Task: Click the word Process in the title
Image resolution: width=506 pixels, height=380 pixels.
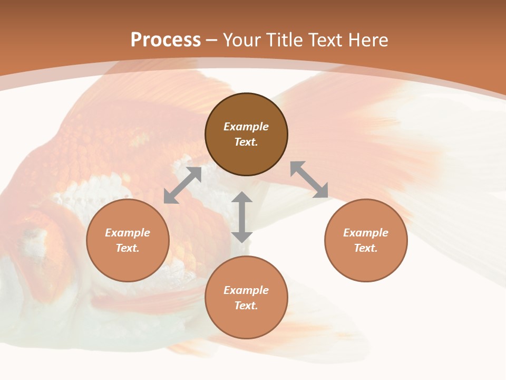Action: pos(166,40)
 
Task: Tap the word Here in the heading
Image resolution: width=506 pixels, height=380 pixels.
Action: pos(367,40)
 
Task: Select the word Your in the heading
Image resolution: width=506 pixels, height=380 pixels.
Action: pos(240,40)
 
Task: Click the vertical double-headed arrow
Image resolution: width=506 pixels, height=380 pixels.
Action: pos(242,217)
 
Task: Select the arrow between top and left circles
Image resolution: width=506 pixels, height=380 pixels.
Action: pos(182,185)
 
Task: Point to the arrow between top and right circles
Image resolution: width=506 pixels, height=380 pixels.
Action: pos(309,179)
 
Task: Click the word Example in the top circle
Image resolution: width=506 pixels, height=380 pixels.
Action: pos(246,127)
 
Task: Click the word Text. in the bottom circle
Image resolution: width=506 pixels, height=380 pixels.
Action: pos(246,306)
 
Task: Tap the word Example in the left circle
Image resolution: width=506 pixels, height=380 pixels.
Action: pos(128,233)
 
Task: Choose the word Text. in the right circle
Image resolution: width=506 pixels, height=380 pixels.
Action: pos(366,248)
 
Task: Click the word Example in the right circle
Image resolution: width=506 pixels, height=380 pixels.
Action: pos(366,233)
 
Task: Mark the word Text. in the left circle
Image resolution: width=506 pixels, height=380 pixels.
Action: pos(128,248)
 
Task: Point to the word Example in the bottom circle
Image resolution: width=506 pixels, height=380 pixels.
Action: pos(246,290)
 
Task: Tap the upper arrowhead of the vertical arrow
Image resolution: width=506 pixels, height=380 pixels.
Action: pos(242,197)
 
